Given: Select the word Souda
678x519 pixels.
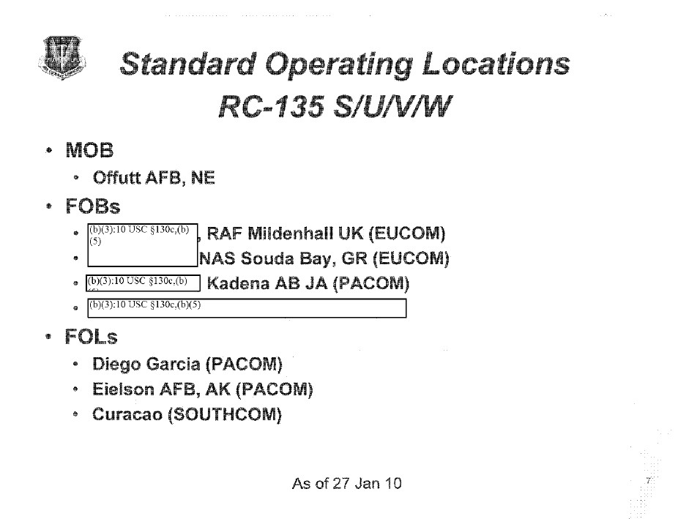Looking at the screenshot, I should coord(275,258).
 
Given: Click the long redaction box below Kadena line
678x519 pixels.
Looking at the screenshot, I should coord(246,308).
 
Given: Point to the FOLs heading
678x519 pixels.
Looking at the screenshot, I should coord(92,337).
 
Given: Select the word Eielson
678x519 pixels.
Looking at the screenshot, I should coord(123,389).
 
